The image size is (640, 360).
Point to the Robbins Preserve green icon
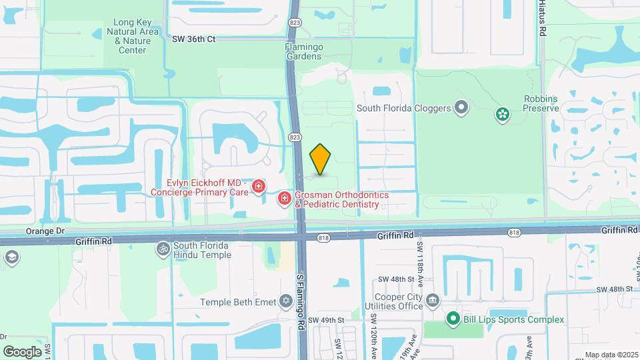tap(503, 115)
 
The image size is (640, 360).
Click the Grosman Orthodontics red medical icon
tap(284, 198)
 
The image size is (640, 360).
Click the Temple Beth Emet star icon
tap(287, 302)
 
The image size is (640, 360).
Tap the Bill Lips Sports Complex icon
tap(453, 319)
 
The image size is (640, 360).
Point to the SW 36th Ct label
tap(194, 39)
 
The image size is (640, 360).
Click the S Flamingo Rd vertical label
tap(301, 298)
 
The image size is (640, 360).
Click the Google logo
tap(22, 351)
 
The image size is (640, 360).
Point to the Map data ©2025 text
tap(611, 355)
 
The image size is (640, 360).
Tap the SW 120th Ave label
tap(375, 336)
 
